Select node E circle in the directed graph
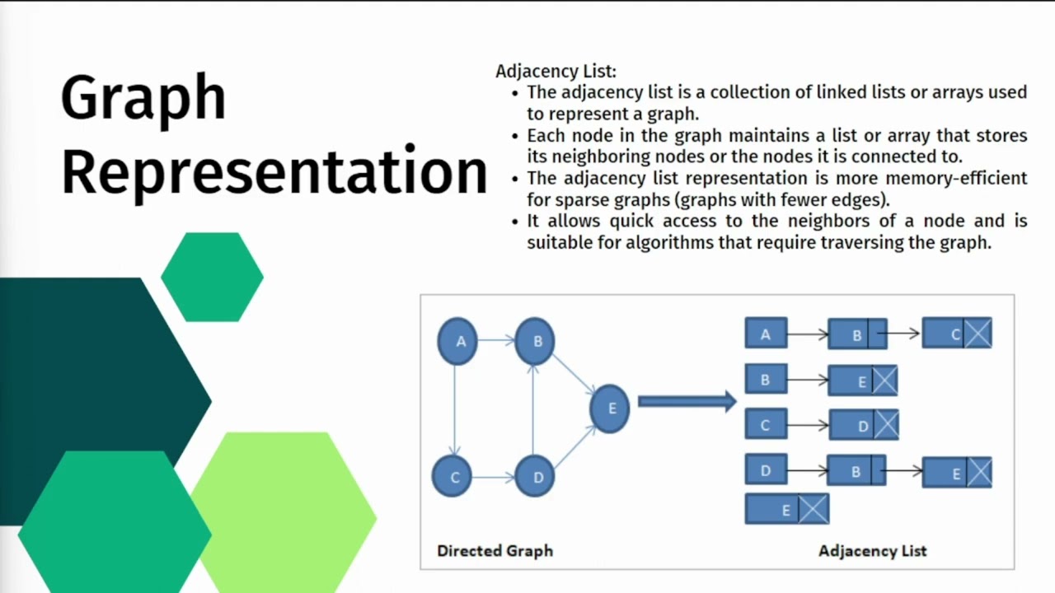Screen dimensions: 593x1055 (x=610, y=409)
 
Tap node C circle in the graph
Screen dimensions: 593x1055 (x=452, y=476)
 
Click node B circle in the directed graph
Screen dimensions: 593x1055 (x=535, y=341)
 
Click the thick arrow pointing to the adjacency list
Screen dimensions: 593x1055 (x=687, y=401)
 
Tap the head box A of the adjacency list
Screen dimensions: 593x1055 (x=766, y=333)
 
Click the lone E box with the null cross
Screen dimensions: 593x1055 (x=786, y=509)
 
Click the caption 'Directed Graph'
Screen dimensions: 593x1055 (x=495, y=551)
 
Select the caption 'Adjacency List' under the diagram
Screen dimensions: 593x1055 (x=872, y=551)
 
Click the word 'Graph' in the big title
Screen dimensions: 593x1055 (x=143, y=99)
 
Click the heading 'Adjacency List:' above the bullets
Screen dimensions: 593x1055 (x=556, y=72)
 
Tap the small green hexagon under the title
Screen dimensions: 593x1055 (x=213, y=277)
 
